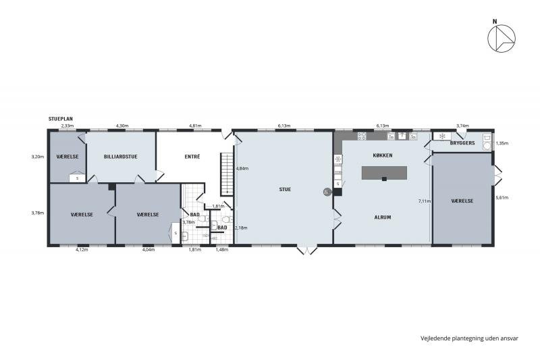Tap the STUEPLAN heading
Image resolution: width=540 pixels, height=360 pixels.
[61, 119]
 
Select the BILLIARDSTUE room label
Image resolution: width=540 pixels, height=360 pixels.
[121, 156]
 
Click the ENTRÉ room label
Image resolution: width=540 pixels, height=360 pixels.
[192, 156]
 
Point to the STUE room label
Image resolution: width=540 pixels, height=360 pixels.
[285, 190]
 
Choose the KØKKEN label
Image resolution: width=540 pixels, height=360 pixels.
[382, 155]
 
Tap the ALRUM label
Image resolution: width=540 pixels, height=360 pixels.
[383, 217]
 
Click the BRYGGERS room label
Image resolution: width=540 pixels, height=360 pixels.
[462, 144]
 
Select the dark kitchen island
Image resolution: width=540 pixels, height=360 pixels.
[385, 173]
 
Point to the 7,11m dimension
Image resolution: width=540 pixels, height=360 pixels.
[424, 201]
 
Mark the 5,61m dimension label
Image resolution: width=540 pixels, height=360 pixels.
[502, 198]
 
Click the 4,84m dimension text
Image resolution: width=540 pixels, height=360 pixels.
[242, 168]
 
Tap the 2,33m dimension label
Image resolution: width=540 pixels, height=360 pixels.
[67, 126]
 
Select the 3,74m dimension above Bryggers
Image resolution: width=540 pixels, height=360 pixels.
[462, 126]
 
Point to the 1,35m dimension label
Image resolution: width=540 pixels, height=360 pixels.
[502, 143]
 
